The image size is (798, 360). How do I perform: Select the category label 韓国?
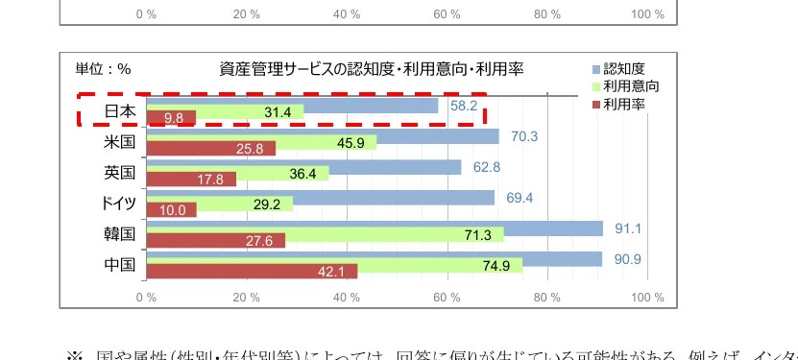click(x=119, y=234)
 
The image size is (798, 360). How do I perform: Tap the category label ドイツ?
click(x=119, y=204)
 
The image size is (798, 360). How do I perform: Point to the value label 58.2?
click(x=463, y=106)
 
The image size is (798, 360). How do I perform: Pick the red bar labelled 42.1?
click(x=252, y=272)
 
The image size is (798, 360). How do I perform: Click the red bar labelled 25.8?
click(x=210, y=149)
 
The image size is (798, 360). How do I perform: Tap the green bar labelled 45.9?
click(x=261, y=142)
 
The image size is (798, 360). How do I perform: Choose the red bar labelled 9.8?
click(x=171, y=118)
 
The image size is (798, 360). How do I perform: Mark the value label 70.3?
click(x=524, y=136)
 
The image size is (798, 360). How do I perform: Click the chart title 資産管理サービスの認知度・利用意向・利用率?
click(x=371, y=69)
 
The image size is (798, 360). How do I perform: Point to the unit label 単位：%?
click(x=103, y=69)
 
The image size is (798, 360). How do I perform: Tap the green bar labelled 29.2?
click(x=219, y=204)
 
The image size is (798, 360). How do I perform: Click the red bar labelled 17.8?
click(x=190, y=180)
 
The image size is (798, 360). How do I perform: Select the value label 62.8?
click(x=487, y=167)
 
